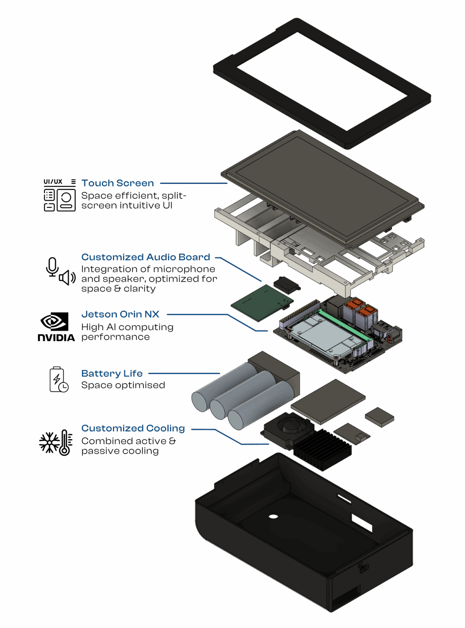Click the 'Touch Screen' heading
[x=118, y=183]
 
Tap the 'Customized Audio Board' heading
[x=146, y=257]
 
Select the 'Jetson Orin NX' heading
[x=120, y=314]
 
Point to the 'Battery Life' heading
[x=112, y=374]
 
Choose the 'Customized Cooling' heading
[x=133, y=428]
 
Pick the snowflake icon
[x=49, y=442]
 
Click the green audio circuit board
[x=262, y=302]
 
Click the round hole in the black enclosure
[x=273, y=517]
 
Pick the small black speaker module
[x=287, y=285]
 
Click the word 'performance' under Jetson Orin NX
[x=115, y=337]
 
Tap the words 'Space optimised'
[x=123, y=385]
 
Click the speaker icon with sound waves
[x=67, y=278]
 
